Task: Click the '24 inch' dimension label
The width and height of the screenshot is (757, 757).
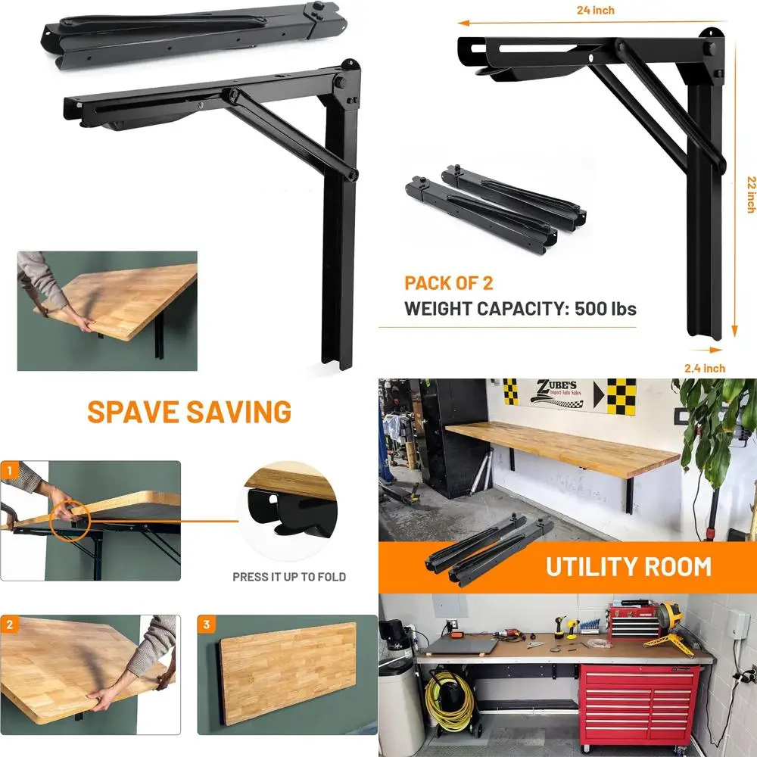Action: coord(595,11)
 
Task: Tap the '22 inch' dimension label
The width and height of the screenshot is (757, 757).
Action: coord(750,195)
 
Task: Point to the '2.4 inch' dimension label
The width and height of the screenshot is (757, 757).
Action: coord(705,368)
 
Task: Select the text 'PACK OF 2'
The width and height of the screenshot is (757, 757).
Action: coord(448,283)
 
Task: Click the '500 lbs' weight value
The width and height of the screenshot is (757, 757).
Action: coord(605,309)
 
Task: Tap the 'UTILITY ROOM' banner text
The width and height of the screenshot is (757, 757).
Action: coord(628,566)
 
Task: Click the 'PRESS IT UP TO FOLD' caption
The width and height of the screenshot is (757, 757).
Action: coord(289,577)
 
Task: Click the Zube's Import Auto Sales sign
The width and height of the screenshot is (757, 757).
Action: coord(559,395)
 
